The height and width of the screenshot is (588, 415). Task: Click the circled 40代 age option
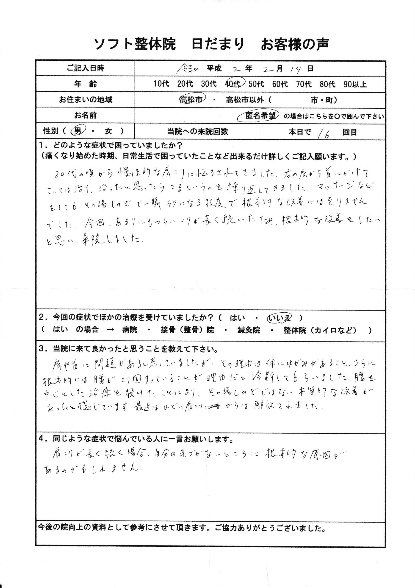click(x=233, y=84)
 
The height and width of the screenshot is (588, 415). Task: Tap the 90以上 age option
click(x=355, y=84)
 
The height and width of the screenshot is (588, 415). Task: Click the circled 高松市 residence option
click(x=191, y=100)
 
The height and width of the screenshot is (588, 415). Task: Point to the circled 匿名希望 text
click(x=260, y=116)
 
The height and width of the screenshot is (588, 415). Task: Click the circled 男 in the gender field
click(x=77, y=131)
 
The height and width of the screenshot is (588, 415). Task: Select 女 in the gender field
click(x=108, y=131)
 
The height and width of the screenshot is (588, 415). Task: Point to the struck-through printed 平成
click(x=214, y=68)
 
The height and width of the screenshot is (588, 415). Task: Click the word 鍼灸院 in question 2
click(x=248, y=330)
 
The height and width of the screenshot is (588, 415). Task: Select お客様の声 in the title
click(x=295, y=44)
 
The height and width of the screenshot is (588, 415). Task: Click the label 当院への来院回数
click(x=197, y=132)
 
